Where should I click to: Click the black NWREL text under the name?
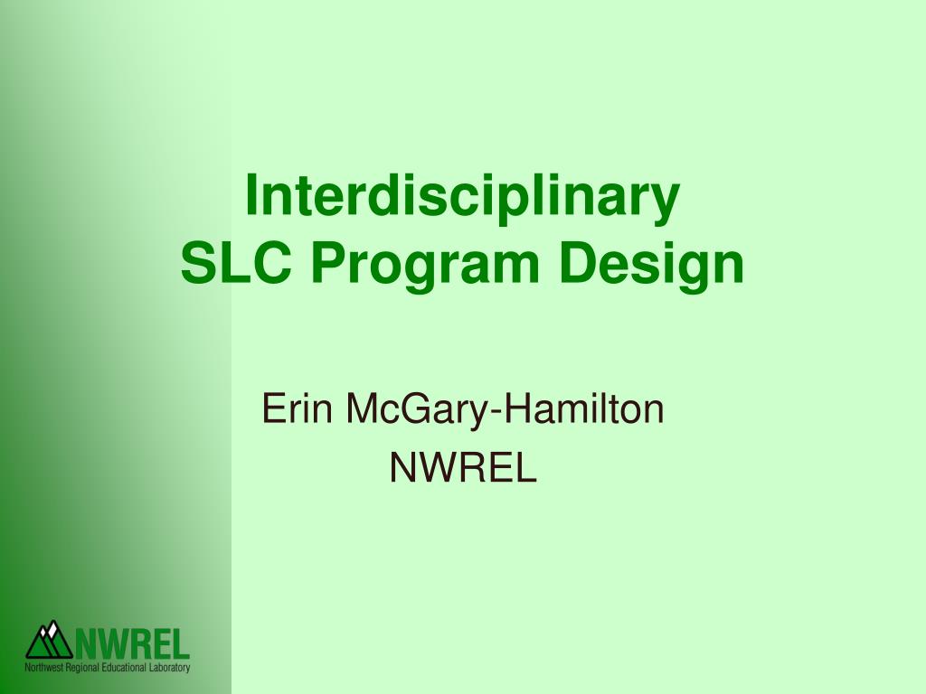[463, 467]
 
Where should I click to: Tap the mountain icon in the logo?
[49, 641]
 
